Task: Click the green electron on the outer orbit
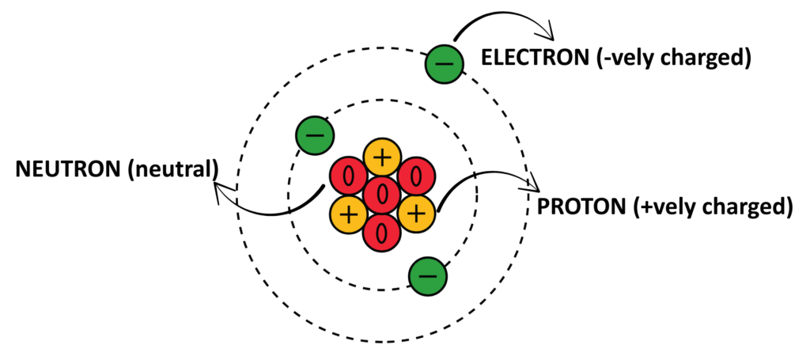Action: click(445, 64)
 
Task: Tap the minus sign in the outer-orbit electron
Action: click(445, 64)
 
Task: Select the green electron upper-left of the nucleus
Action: click(315, 136)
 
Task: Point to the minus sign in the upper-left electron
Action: click(315, 136)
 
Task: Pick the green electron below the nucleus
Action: click(428, 276)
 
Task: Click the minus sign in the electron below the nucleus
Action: click(428, 276)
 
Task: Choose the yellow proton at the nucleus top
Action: click(382, 157)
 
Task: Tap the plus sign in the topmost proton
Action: click(382, 157)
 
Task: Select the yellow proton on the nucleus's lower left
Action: click(348, 214)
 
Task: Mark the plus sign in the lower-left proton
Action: click(348, 214)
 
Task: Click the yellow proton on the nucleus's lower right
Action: click(416, 214)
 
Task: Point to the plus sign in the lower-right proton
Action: click(416, 214)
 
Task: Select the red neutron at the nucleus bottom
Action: click(382, 233)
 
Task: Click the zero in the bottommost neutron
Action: click(382, 233)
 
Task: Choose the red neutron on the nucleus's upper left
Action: click(349, 176)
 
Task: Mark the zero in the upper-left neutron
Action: click(349, 176)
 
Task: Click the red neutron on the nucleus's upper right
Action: click(416, 176)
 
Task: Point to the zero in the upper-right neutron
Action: click(416, 176)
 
